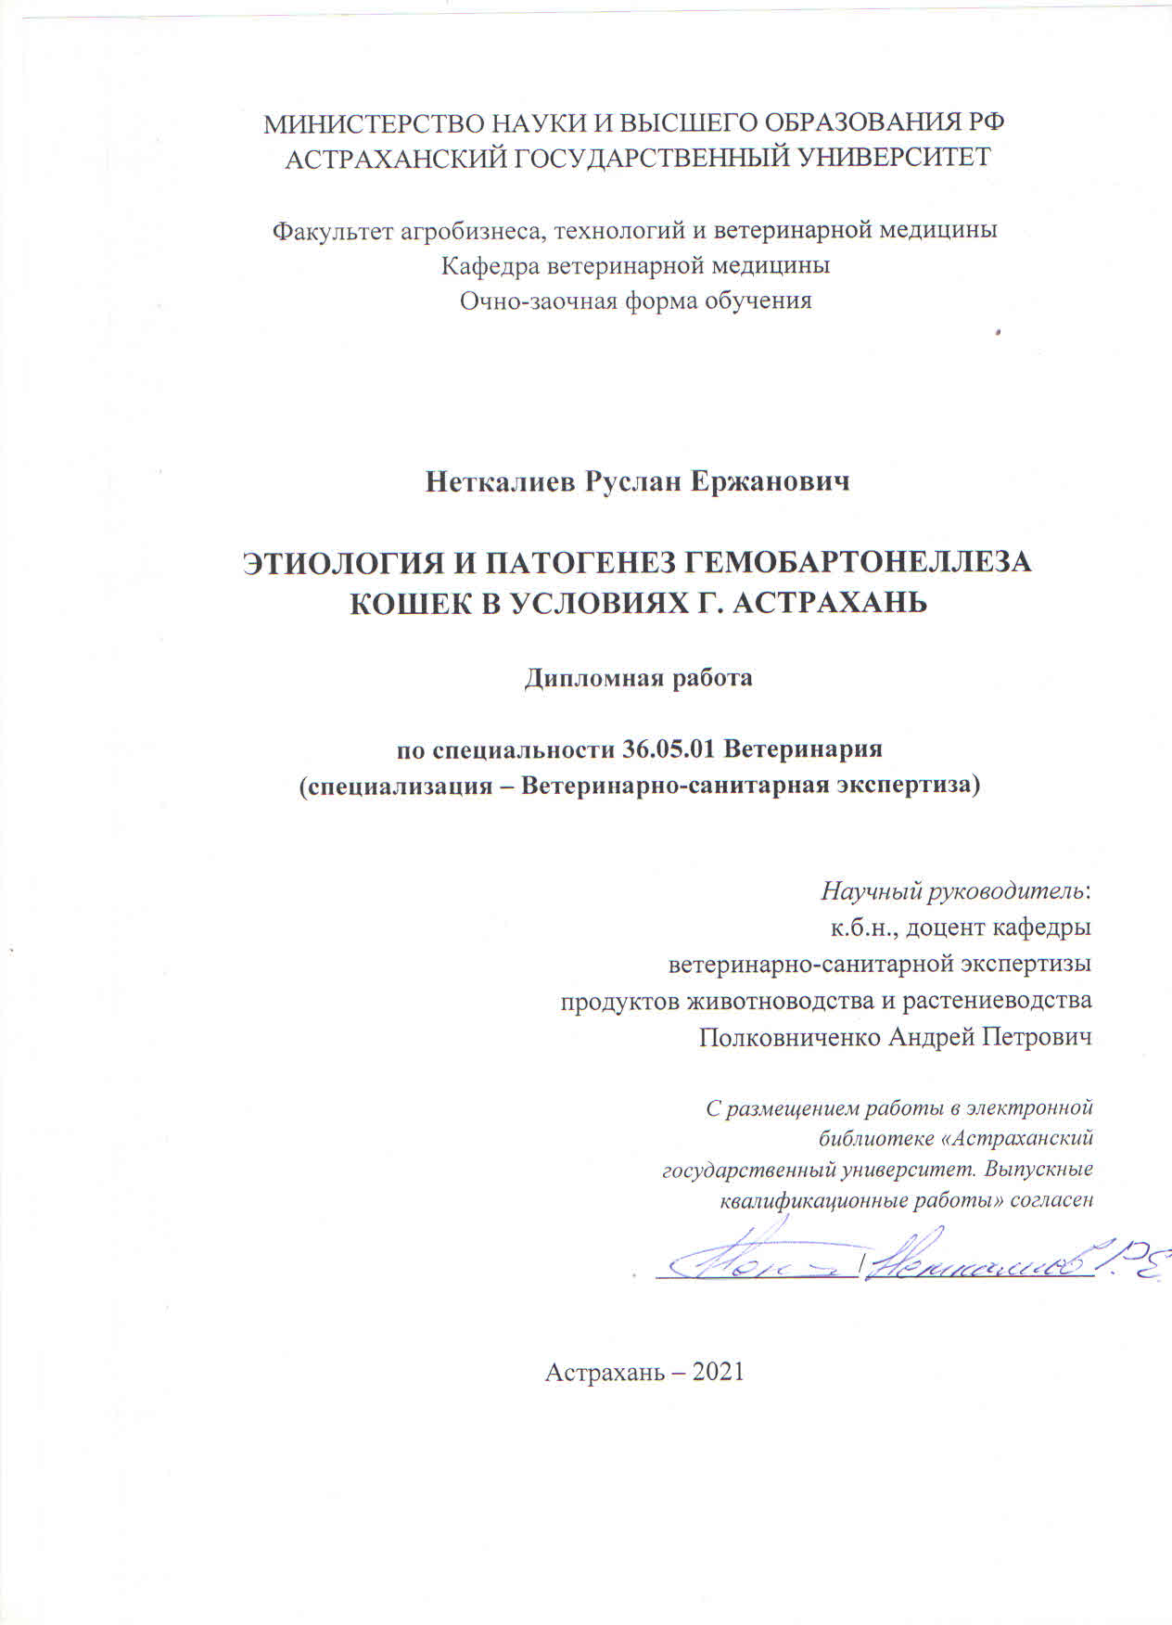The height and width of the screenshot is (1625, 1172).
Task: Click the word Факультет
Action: pyautogui.click(x=332, y=230)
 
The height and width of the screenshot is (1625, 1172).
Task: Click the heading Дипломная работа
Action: pyautogui.click(x=638, y=678)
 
